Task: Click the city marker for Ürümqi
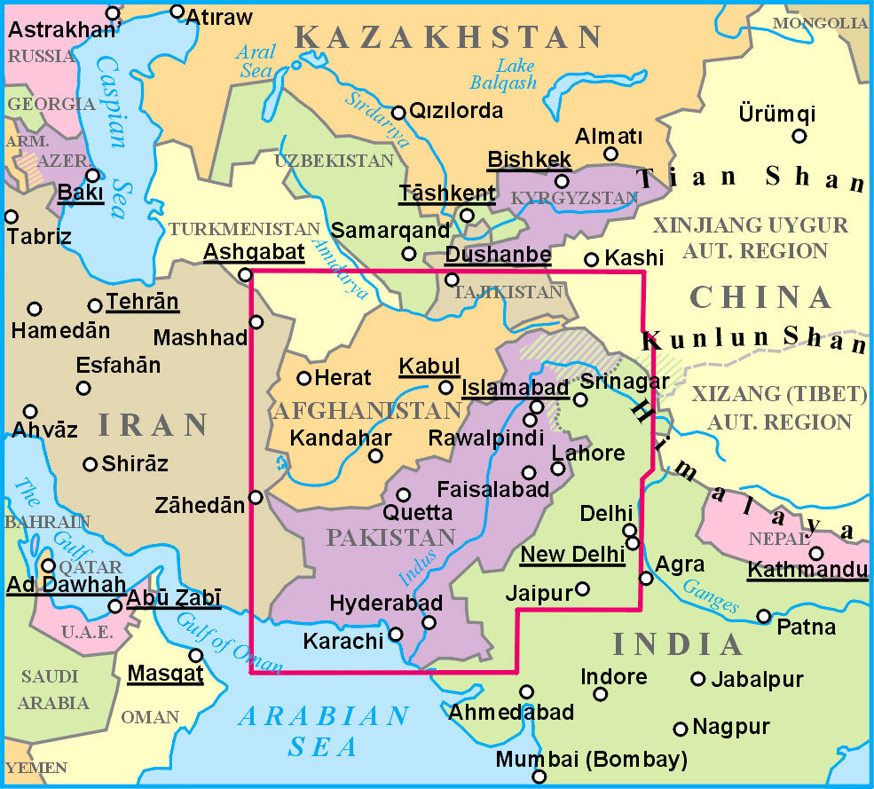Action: click(x=799, y=136)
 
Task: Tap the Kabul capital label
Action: click(x=429, y=366)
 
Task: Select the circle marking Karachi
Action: click(x=396, y=634)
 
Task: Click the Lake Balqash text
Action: click(x=516, y=74)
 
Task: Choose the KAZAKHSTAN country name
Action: click(x=449, y=37)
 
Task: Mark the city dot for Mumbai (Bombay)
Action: click(x=539, y=777)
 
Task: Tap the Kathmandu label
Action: click(x=807, y=569)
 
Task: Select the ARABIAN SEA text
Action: click(x=323, y=730)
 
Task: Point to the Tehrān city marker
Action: click(x=95, y=306)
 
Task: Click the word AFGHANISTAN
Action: click(x=367, y=411)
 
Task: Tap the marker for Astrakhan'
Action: click(x=113, y=13)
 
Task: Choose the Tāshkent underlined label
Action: click(x=447, y=193)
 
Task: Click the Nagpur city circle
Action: click(x=681, y=729)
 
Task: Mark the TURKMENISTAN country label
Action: click(x=244, y=229)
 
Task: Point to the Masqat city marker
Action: click(x=196, y=655)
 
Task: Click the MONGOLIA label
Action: click(x=820, y=23)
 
